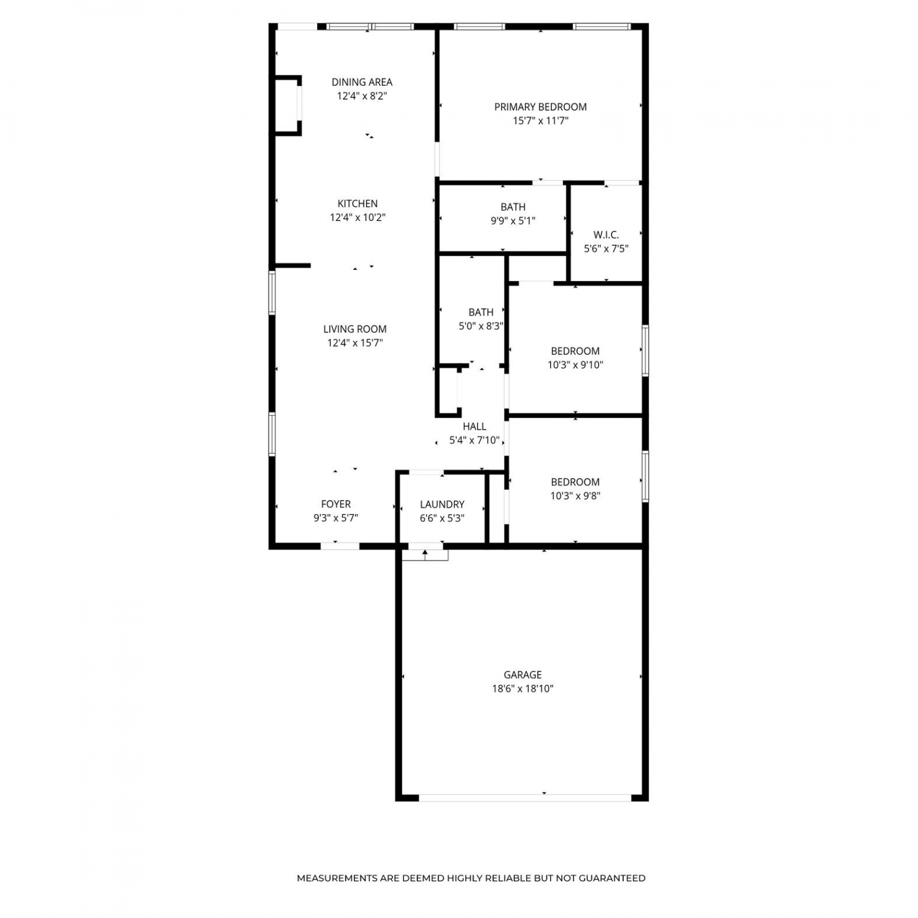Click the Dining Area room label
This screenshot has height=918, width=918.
pos(362,82)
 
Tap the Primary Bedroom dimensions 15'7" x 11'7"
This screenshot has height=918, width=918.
pos(540,121)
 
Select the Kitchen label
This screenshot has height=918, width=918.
pos(358,204)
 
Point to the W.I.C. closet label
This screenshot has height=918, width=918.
pos(606,235)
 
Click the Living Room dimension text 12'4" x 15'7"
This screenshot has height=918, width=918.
pos(355,343)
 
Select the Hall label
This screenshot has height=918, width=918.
pos(474,427)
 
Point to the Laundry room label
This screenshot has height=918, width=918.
pos(442,504)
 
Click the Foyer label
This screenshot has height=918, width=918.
pos(336,504)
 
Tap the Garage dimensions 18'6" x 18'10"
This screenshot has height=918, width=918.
pos(523,688)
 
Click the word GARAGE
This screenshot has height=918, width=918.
pos(523,675)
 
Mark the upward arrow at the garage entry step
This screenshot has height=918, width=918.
pos(425,554)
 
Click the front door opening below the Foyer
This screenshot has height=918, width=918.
pos(340,545)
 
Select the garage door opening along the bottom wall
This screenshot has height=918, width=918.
pos(525,797)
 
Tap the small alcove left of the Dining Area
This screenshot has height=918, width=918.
pos(286,105)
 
